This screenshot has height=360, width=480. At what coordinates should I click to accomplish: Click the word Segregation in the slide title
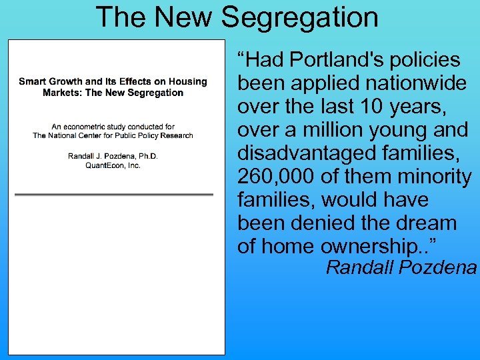[x=300, y=17]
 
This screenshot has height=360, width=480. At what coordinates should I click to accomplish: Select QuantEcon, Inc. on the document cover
[x=113, y=165]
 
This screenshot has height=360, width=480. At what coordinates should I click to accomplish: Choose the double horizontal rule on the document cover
[x=113, y=195]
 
